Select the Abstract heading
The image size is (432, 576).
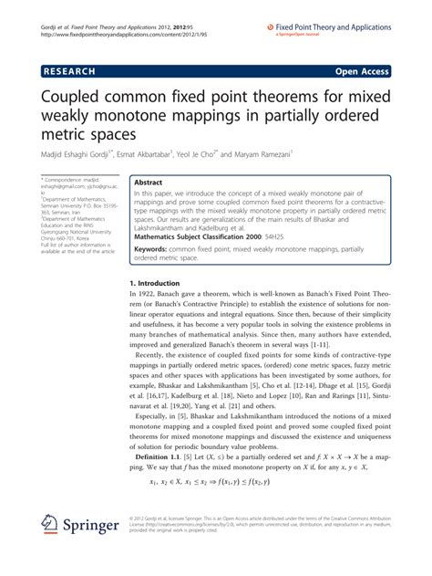click(149, 183)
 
